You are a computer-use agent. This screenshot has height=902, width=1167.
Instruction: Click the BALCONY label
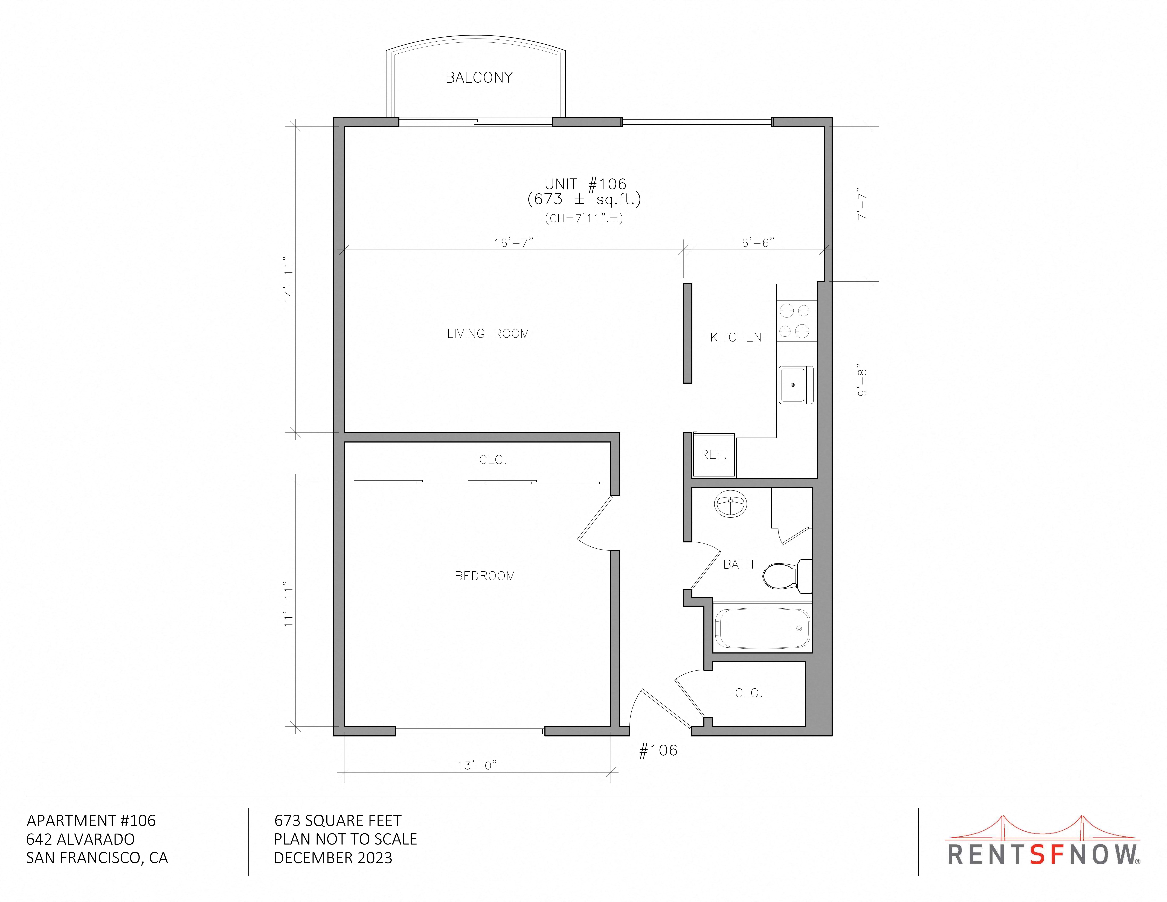(479, 77)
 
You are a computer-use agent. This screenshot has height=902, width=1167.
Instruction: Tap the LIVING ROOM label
(488, 333)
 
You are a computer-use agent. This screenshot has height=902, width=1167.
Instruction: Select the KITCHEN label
(736, 337)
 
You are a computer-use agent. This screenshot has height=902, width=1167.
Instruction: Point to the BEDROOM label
(485, 576)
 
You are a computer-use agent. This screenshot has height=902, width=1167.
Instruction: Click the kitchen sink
(796, 385)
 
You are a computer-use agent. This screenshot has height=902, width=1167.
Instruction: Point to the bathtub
(762, 628)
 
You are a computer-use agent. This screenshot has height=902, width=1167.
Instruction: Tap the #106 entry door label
(658, 750)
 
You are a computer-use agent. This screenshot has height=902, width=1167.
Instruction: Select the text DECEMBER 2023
(333, 858)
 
